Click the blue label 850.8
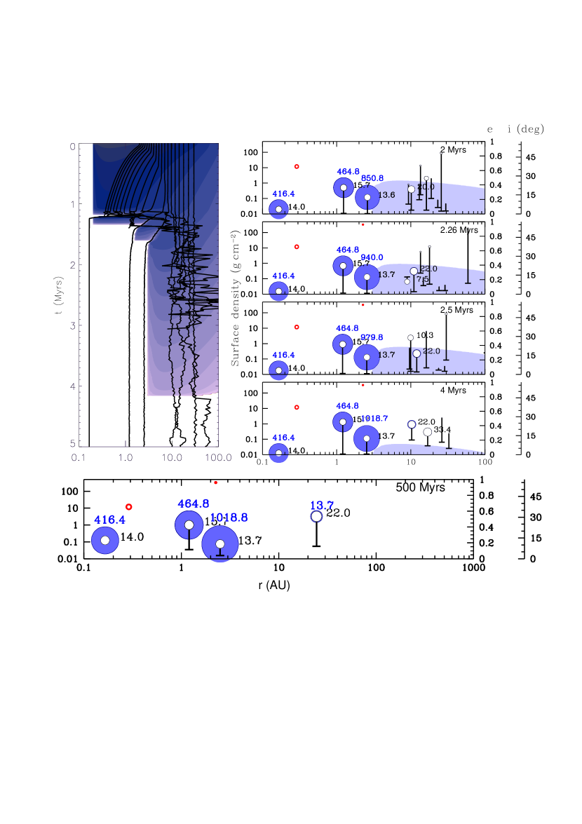pyautogui.click(x=372, y=178)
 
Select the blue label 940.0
pyautogui.click(x=372, y=257)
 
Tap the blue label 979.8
pyautogui.click(x=372, y=337)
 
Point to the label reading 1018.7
pyautogui.click(x=374, y=418)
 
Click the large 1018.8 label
pyautogui.click(x=229, y=518)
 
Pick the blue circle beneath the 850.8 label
pyautogui.click(x=367, y=198)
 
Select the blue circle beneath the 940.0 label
pyautogui.click(x=367, y=277)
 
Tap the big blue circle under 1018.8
pyautogui.click(x=220, y=544)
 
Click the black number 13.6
pyautogui.click(x=387, y=194)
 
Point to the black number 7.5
pyautogui.click(x=422, y=279)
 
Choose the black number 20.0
pyautogui.click(x=426, y=187)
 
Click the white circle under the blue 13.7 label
pyautogui.click(x=316, y=517)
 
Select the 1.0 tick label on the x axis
pyautogui.click(x=126, y=457)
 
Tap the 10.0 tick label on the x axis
pyautogui.click(x=172, y=457)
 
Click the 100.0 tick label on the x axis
pyautogui.click(x=218, y=457)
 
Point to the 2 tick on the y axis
pyautogui.click(x=72, y=266)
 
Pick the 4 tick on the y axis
pyautogui.click(x=72, y=386)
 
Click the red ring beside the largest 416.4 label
pyautogui.click(x=128, y=506)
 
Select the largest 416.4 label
pyautogui.click(x=109, y=520)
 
